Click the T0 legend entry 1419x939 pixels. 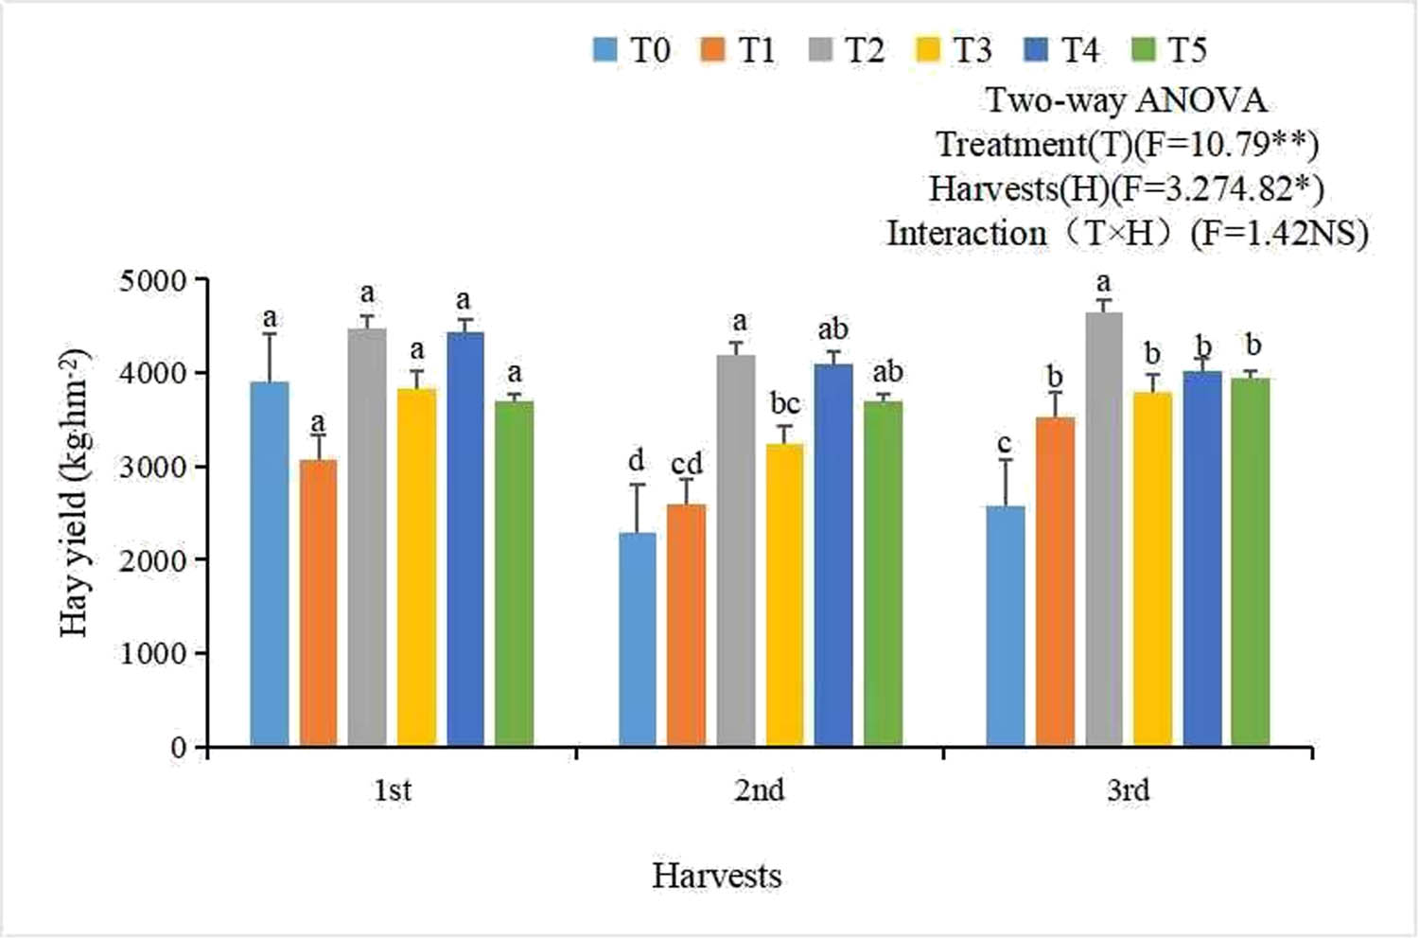[632, 49]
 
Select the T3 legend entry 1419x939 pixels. [954, 49]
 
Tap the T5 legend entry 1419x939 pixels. [1169, 49]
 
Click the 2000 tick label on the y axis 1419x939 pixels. [153, 560]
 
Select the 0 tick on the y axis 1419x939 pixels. [180, 748]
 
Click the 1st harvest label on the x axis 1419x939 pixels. [392, 789]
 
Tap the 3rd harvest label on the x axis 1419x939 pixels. [1128, 789]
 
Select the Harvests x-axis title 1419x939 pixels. [716, 876]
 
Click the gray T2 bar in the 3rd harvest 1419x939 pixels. [1103, 529]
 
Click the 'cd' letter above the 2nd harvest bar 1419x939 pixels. [687, 464]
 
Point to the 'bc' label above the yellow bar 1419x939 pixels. [784, 404]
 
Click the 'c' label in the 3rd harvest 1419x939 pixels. [1005, 444]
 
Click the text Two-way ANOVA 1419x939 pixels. [1126, 99]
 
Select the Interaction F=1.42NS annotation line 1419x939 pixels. [1126, 233]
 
